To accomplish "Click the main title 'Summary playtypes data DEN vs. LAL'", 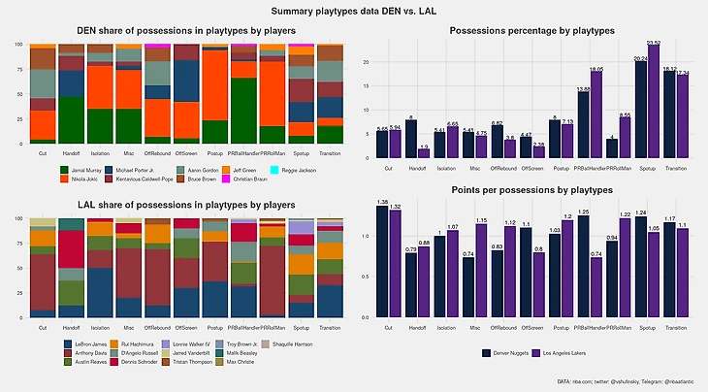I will tap(353, 10).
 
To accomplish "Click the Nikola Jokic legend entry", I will tap(60, 180).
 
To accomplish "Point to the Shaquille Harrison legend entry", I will tap(290, 344).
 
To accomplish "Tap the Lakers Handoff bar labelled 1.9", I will tap(425, 153).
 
